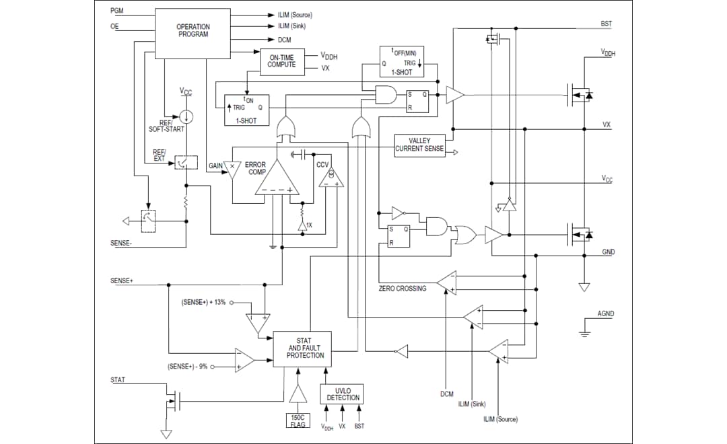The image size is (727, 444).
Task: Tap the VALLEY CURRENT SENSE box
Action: [419, 145]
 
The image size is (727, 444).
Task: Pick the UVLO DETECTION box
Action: [343, 394]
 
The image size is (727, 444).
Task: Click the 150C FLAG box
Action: [297, 420]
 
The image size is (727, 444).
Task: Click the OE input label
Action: [114, 26]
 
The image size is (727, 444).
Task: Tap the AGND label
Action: [605, 313]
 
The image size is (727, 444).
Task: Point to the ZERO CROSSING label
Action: [403, 289]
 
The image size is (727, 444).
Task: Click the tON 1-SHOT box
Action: [246, 110]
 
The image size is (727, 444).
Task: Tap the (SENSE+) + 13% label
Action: [203, 302]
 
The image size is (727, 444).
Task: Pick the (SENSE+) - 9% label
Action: [188, 367]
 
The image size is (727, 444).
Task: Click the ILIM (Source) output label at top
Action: [295, 15]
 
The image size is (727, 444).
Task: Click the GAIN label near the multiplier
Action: [215, 165]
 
